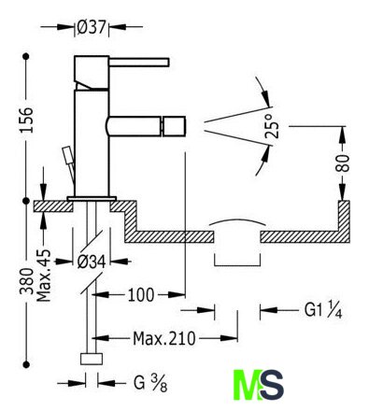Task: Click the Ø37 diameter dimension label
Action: [92, 27]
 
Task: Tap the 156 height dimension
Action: [26, 120]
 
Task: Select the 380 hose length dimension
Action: [26, 281]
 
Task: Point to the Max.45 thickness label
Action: [43, 276]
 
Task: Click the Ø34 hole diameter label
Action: [92, 262]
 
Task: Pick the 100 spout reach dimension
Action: [141, 294]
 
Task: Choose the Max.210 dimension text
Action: [164, 338]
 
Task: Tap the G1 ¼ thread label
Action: [323, 310]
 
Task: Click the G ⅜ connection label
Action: [150, 383]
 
